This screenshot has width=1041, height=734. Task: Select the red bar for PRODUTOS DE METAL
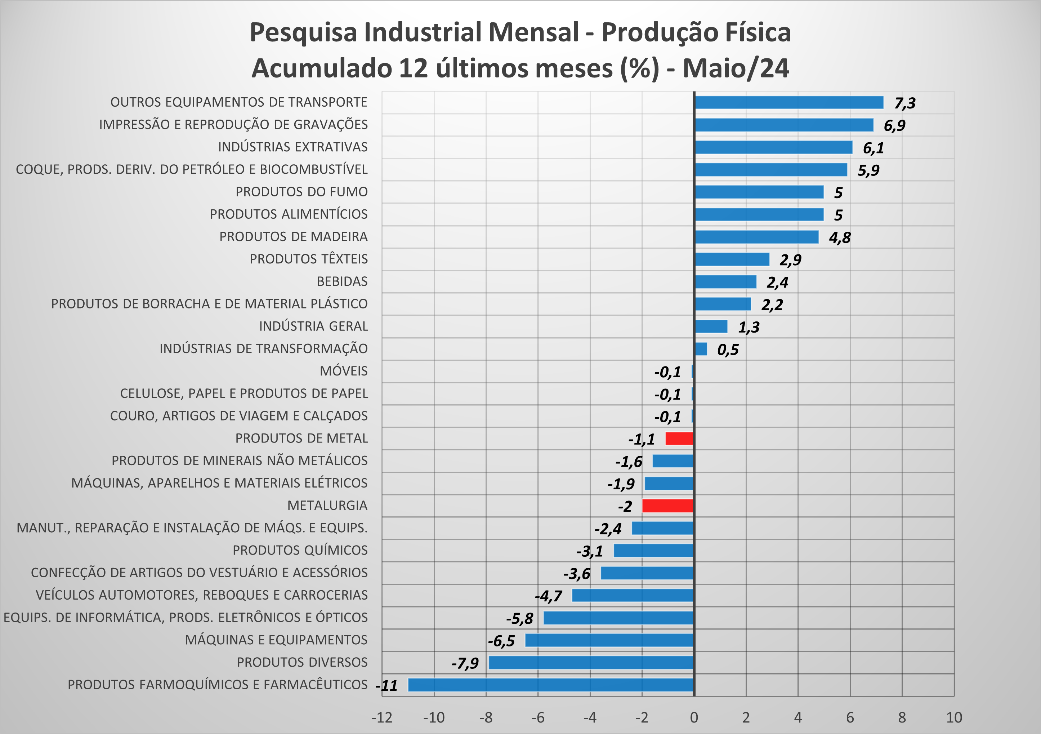pyautogui.click(x=679, y=439)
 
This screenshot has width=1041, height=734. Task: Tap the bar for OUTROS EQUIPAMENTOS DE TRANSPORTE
pyautogui.click(x=789, y=103)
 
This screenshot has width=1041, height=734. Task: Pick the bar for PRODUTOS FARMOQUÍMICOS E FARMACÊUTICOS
pyautogui.click(x=551, y=685)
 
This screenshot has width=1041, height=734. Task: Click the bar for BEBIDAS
pyautogui.click(x=725, y=282)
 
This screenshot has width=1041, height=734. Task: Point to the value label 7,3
pyautogui.click(x=904, y=103)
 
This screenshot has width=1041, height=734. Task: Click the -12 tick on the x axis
pyautogui.click(x=382, y=717)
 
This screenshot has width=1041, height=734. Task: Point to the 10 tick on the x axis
pyautogui.click(x=954, y=717)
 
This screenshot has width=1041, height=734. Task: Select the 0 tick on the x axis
pyautogui.click(x=694, y=717)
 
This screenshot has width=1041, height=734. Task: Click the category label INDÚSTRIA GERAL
pyautogui.click(x=313, y=326)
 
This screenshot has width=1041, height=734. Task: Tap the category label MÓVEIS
pyautogui.click(x=344, y=371)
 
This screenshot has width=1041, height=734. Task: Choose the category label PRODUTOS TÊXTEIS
pyautogui.click(x=309, y=259)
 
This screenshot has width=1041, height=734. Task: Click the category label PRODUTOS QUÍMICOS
pyautogui.click(x=300, y=550)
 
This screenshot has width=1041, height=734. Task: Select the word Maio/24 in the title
pyautogui.click(x=736, y=68)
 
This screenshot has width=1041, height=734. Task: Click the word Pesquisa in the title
pyautogui.click(x=303, y=33)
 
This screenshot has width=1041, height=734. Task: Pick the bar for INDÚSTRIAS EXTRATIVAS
pyautogui.click(x=773, y=147)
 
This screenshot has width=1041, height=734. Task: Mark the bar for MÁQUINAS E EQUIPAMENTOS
pyautogui.click(x=609, y=640)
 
